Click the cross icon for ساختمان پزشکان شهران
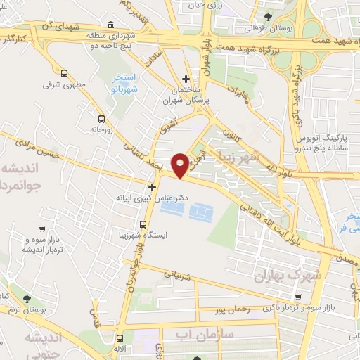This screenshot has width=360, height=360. pyautogui.click(x=186, y=79)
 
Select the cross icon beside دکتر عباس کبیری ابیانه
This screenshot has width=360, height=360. pyautogui.click(x=152, y=187)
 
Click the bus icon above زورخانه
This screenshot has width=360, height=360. pyautogui.click(x=102, y=119)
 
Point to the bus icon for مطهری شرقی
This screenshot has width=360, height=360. pyautogui.click(x=65, y=72)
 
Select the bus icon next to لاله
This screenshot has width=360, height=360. pyautogui.click(x=122, y=337)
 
